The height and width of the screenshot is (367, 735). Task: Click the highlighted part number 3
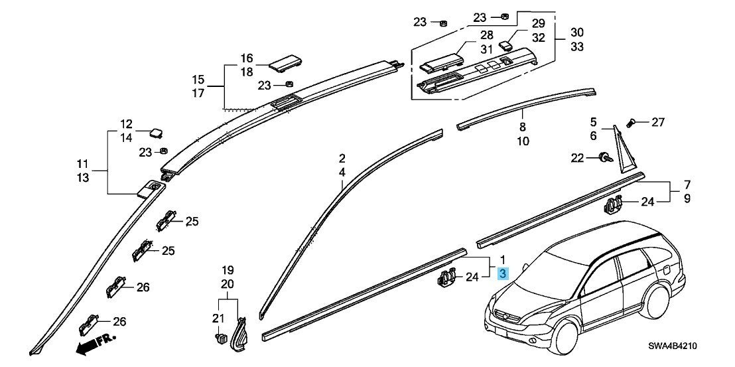click(x=503, y=273)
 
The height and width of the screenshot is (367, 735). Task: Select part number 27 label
click(x=657, y=123)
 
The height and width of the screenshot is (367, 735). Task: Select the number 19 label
click(x=228, y=271)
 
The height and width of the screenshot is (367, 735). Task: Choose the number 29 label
click(x=538, y=23)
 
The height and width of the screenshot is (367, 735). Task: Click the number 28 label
click(x=486, y=35)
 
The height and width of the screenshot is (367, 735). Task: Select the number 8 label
click(x=523, y=127)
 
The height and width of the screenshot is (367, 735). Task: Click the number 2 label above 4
click(x=342, y=157)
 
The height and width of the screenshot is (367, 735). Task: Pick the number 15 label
click(x=198, y=79)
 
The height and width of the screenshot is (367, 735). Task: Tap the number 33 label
click(x=577, y=47)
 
